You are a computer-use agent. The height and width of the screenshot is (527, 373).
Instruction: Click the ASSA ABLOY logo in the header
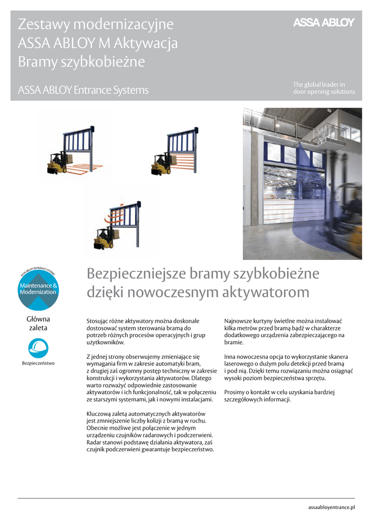[324, 23]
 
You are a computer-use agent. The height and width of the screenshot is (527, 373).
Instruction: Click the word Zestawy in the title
[44, 24]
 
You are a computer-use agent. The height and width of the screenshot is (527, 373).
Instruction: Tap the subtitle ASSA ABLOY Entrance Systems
[83, 91]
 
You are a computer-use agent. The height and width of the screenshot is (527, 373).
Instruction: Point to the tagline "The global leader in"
[319, 84]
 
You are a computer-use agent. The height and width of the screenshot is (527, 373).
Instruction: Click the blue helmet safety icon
[38, 348]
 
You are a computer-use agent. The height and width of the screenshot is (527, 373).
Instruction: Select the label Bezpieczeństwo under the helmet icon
[38, 363]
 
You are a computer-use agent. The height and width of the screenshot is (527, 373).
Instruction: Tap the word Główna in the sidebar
[38, 319]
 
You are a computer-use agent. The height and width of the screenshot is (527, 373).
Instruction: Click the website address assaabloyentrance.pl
[331, 507]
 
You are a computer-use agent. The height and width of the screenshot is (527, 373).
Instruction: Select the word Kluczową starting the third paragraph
[100, 414]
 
